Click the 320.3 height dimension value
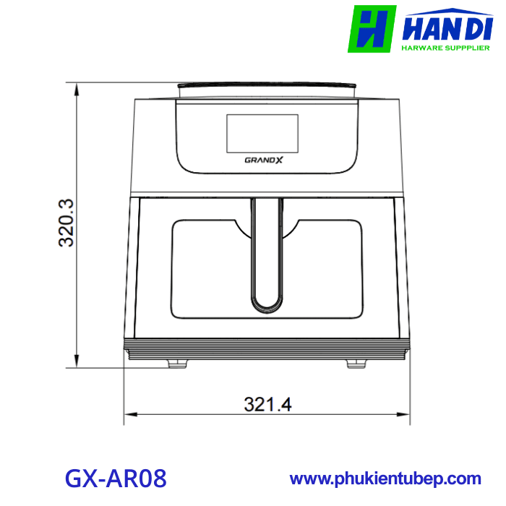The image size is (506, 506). coord(67,223)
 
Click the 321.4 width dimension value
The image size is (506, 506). coord(267,404)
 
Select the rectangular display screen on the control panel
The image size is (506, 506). coord(262,133)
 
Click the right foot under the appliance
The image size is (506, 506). coord(356,364)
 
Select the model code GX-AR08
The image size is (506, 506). coord(116,478)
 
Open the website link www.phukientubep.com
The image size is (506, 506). coord(385,479)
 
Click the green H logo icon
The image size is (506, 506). coord(372,29)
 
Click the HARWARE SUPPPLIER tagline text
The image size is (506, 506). coord(445,49)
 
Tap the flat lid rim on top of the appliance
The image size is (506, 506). coord(267,87)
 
